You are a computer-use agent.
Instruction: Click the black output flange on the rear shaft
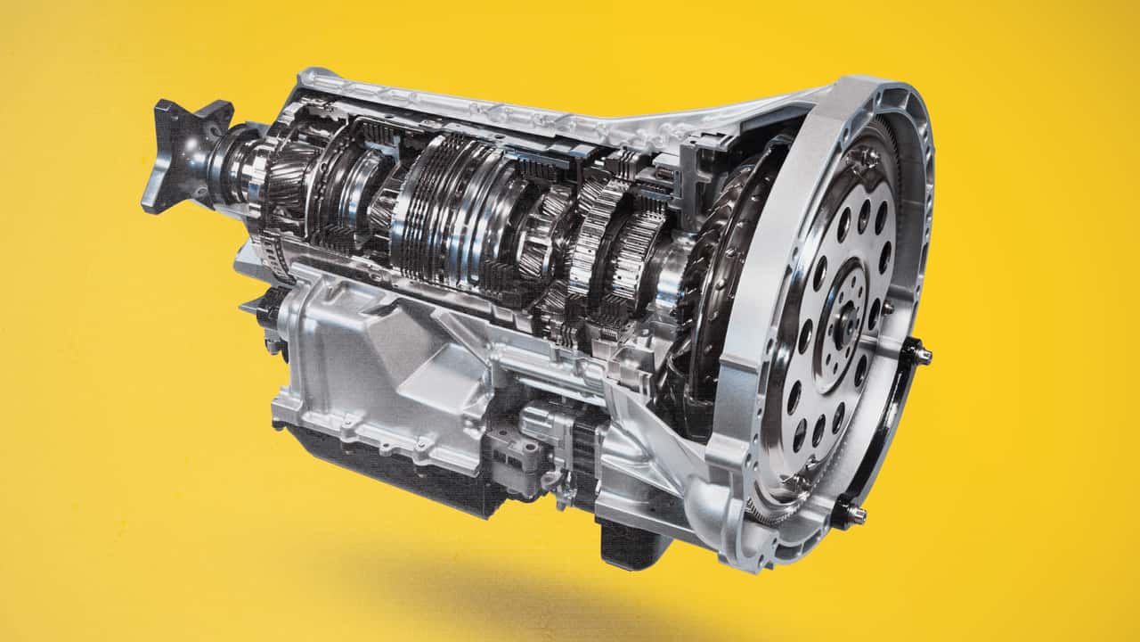183,153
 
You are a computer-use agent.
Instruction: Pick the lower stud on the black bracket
857,513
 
